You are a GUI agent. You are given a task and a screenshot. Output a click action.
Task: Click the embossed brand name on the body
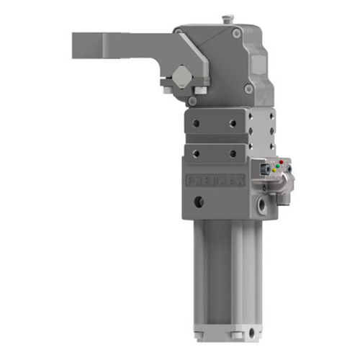pos(217,178)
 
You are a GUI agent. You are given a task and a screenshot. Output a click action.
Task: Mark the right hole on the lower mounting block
pos(232,153)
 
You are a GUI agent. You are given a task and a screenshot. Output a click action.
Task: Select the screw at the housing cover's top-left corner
pos(179,32)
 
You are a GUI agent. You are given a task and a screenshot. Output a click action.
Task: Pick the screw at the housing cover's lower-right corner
pos(248,89)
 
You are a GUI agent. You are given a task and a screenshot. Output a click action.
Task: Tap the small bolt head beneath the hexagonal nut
pos(167,89)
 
